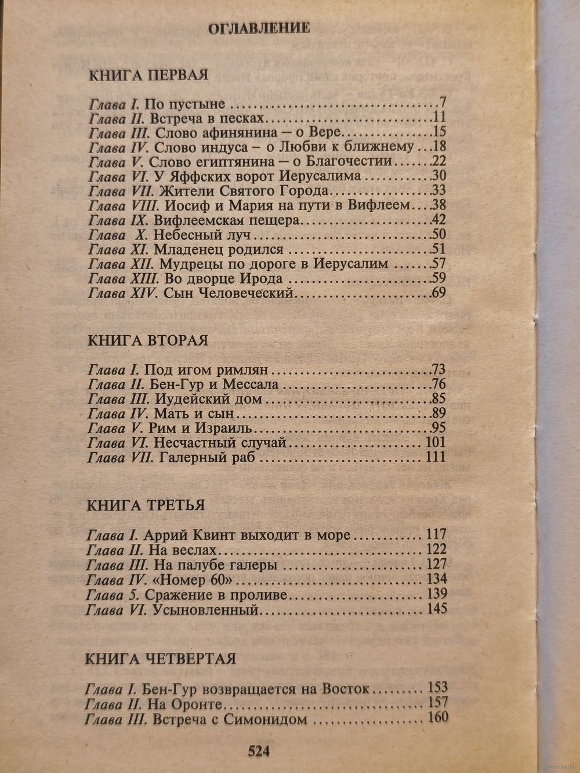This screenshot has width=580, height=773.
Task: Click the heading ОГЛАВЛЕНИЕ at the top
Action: point(259,27)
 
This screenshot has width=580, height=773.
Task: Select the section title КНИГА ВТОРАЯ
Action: point(148,340)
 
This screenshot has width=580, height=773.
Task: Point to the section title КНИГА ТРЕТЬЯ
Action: point(146,505)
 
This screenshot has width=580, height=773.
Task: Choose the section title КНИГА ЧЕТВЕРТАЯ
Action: point(160,659)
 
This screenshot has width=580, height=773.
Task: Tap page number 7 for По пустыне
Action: point(441,104)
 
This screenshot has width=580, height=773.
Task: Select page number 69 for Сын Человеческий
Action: point(438,293)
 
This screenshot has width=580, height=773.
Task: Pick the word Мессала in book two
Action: point(255,384)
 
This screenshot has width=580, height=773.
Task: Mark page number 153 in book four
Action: point(437,688)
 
